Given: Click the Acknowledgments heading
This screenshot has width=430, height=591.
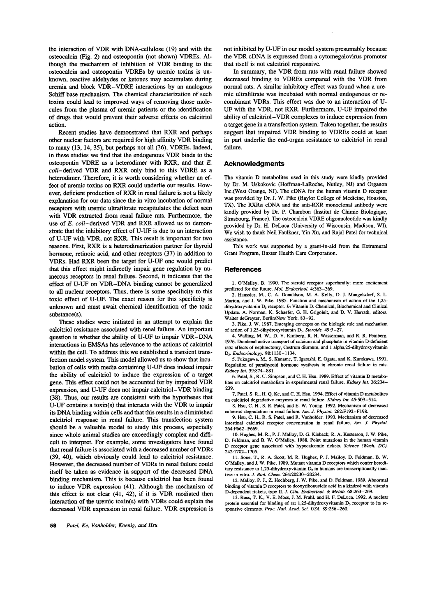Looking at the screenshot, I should point(254,163).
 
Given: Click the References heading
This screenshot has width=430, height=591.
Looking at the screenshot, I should point(243,270).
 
